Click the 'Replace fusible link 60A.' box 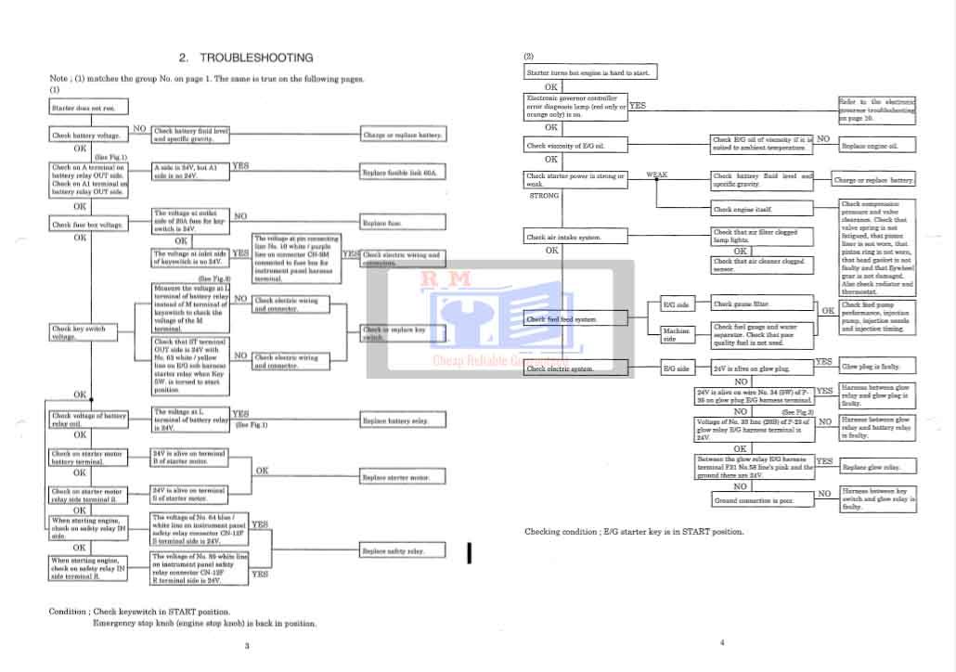tap(402, 174)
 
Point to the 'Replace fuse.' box tap(402, 223)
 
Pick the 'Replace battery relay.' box tap(402, 421)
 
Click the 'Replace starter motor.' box tap(402, 478)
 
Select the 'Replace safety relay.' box tap(402, 551)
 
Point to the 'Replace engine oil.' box tap(875, 146)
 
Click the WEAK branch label tap(656, 174)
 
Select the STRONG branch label tap(544, 196)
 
